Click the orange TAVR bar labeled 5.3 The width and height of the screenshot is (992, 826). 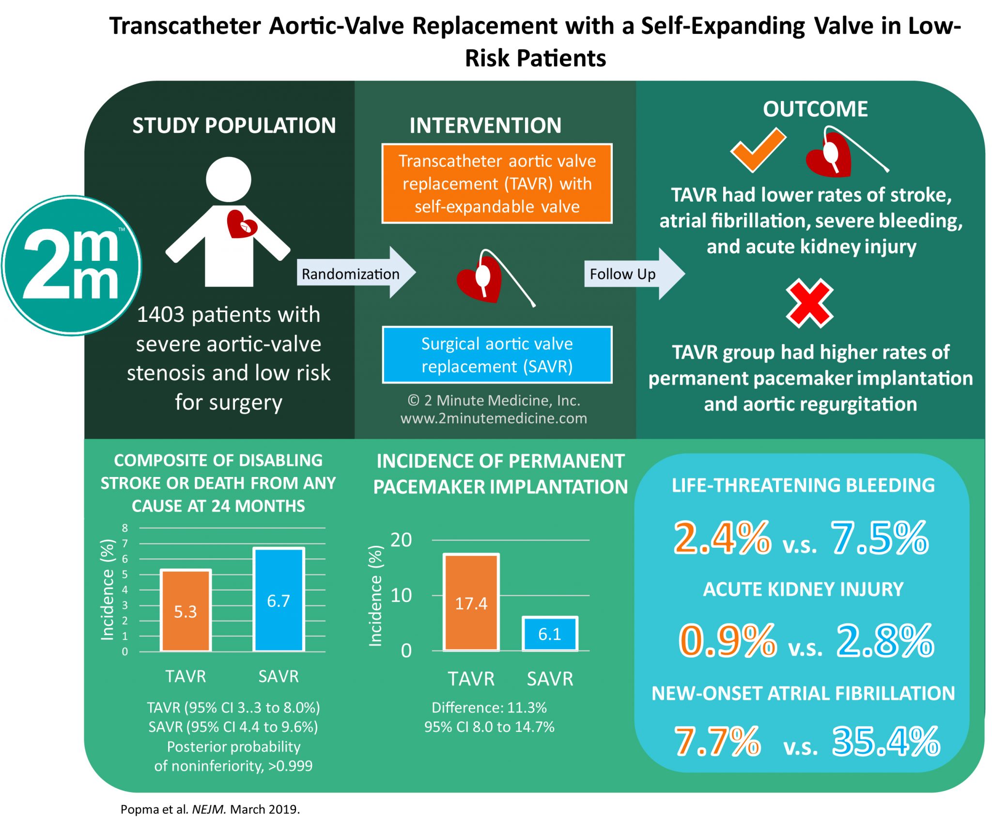tap(186, 610)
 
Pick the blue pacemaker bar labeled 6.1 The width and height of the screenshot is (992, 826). tap(550, 634)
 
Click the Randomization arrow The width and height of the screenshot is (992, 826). tap(356, 273)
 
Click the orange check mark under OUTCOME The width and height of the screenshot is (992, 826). tap(758, 150)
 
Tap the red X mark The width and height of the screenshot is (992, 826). tap(809, 303)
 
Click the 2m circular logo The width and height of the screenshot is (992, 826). tap(71, 265)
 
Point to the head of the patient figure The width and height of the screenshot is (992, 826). tap(229, 179)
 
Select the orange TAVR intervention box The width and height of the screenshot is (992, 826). tap(497, 184)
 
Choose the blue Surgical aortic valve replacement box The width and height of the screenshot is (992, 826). tap(497, 355)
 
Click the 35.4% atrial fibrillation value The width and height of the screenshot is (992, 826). tap(886, 741)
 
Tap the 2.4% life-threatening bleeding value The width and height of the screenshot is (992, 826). tap(722, 538)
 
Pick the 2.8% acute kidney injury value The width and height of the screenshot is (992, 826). tap(885, 641)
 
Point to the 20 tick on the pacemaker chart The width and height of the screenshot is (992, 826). tap(401, 540)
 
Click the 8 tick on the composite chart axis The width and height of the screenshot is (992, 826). tap(125, 528)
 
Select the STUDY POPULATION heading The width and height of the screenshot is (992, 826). tap(234, 126)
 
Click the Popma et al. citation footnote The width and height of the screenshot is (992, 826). tap(210, 809)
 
